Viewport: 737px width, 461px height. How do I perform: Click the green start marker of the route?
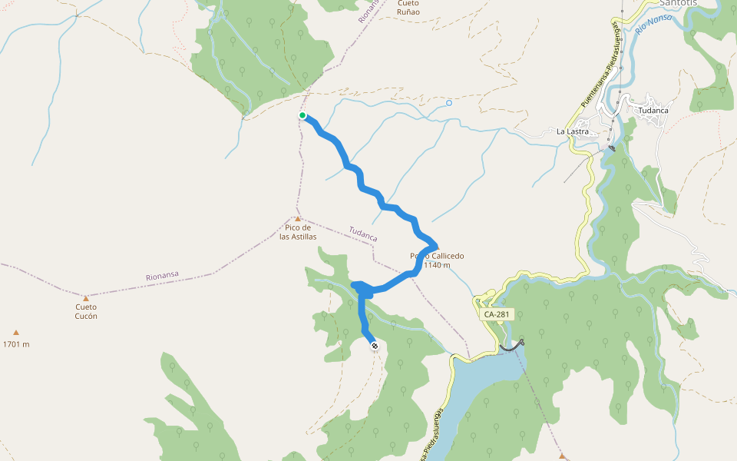click(302, 116)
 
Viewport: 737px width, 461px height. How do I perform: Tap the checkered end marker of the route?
click(375, 347)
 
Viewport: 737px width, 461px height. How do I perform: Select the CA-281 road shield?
click(497, 314)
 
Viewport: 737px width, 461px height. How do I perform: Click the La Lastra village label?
click(573, 131)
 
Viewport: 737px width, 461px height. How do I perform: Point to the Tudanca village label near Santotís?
click(653, 110)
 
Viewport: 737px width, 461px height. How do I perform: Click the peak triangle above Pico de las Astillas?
click(298, 219)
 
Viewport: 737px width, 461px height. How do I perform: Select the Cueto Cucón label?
click(86, 311)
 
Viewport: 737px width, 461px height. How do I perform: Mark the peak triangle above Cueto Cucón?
click(86, 298)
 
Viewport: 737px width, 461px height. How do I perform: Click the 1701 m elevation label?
click(16, 344)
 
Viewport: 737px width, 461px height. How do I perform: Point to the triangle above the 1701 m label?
click(16, 333)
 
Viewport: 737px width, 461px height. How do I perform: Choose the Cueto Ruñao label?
click(408, 8)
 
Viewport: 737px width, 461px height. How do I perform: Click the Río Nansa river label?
click(653, 27)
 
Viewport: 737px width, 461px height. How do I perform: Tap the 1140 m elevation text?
click(437, 265)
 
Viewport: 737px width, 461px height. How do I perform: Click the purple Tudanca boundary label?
click(363, 234)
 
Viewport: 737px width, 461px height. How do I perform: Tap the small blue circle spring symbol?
click(449, 102)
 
